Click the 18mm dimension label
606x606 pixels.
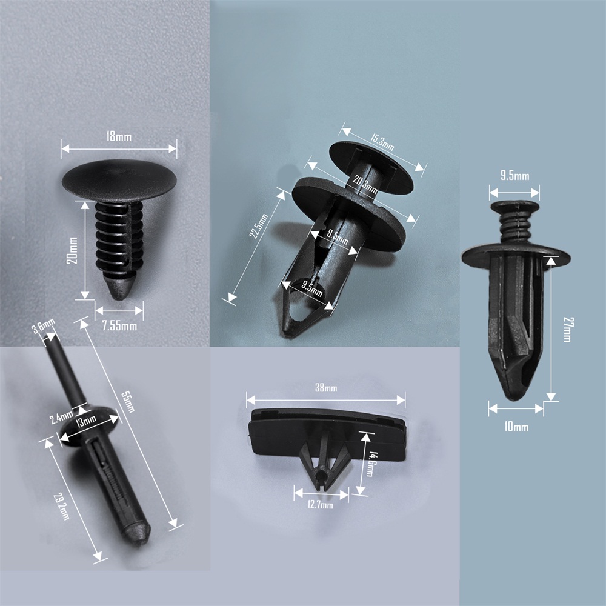(119, 136)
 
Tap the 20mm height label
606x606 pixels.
(72, 250)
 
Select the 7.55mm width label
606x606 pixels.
(119, 326)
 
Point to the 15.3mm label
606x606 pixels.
(382, 142)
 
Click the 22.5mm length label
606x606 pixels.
(259, 226)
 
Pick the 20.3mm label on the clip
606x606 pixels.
(365, 184)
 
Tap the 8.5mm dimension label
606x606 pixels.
(338, 236)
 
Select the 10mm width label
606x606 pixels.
(516, 427)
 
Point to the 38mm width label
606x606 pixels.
(326, 387)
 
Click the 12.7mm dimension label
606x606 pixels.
(320, 504)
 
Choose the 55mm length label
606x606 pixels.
(127, 402)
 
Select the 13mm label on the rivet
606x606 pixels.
(85, 420)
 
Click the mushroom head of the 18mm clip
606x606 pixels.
(119, 181)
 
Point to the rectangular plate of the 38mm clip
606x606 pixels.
(327, 435)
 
